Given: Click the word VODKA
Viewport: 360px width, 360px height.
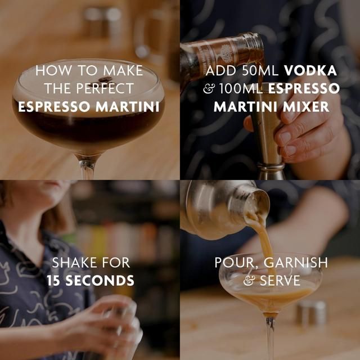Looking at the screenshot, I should coord(311,71).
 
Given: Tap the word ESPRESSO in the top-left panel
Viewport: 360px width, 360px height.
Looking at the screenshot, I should coord(51,106).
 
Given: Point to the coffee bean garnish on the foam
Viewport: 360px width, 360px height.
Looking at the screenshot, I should coord(105,80).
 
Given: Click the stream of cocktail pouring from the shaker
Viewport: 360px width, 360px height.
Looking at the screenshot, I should coord(264,242).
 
